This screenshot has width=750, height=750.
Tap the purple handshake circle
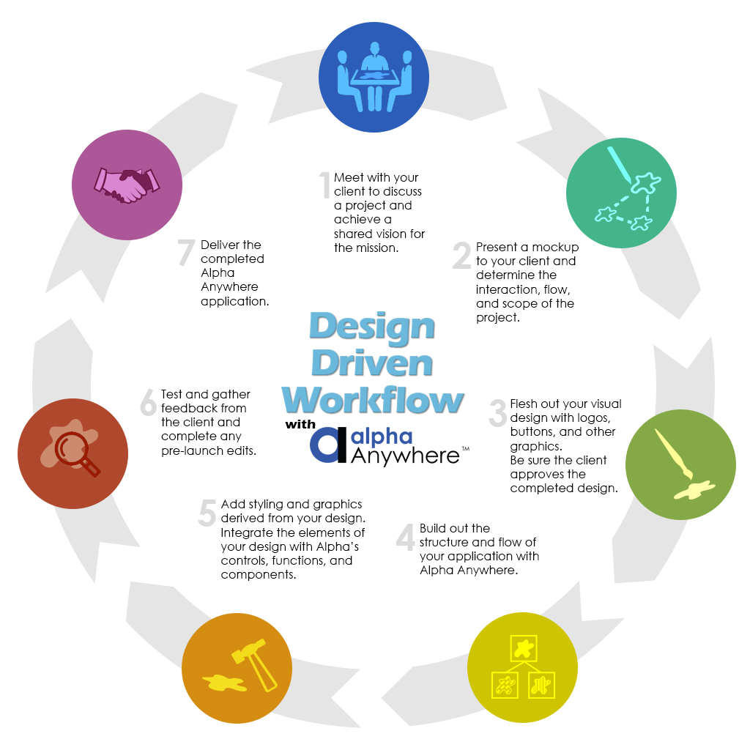click(x=127, y=183)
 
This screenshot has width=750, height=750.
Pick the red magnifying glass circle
click(x=73, y=453)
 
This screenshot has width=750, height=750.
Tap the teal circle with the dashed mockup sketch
click(x=622, y=193)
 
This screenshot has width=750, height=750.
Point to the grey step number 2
click(x=461, y=256)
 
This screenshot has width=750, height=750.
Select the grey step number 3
click(x=498, y=414)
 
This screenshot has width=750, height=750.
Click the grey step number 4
click(x=406, y=538)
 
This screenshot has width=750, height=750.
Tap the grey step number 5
click(x=207, y=513)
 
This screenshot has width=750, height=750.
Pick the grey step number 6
click(x=149, y=404)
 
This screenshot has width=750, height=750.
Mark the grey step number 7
click(x=187, y=253)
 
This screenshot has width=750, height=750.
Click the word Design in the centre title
click(x=372, y=325)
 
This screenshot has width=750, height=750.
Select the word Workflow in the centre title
click(x=372, y=401)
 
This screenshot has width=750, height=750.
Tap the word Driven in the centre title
click(x=372, y=363)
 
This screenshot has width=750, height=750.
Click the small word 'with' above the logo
click(x=300, y=424)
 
